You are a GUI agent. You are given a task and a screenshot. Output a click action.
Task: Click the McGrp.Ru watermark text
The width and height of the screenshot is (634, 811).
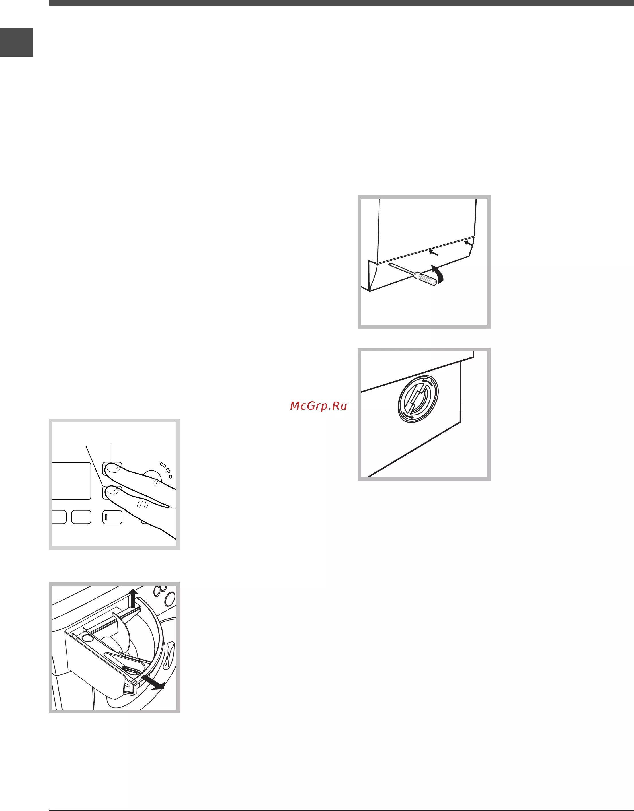tap(318, 406)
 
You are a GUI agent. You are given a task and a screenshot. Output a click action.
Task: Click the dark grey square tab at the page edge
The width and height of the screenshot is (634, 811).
tap(16, 42)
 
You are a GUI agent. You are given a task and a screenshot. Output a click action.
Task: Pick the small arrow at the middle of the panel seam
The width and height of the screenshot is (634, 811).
tap(434, 253)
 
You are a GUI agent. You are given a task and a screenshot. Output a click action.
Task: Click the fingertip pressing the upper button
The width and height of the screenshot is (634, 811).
tap(112, 470)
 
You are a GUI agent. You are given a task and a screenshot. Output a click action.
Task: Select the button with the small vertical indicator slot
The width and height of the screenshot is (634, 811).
tap(112, 517)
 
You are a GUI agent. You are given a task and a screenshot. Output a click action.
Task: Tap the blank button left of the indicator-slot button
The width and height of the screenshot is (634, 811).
tap(81, 517)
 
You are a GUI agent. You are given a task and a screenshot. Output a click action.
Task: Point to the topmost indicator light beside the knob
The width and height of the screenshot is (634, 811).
tap(163, 464)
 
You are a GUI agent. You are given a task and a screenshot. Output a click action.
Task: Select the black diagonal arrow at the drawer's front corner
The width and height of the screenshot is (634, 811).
tap(153, 682)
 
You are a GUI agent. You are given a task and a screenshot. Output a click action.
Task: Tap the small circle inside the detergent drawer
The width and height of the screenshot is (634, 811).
tap(88, 638)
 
